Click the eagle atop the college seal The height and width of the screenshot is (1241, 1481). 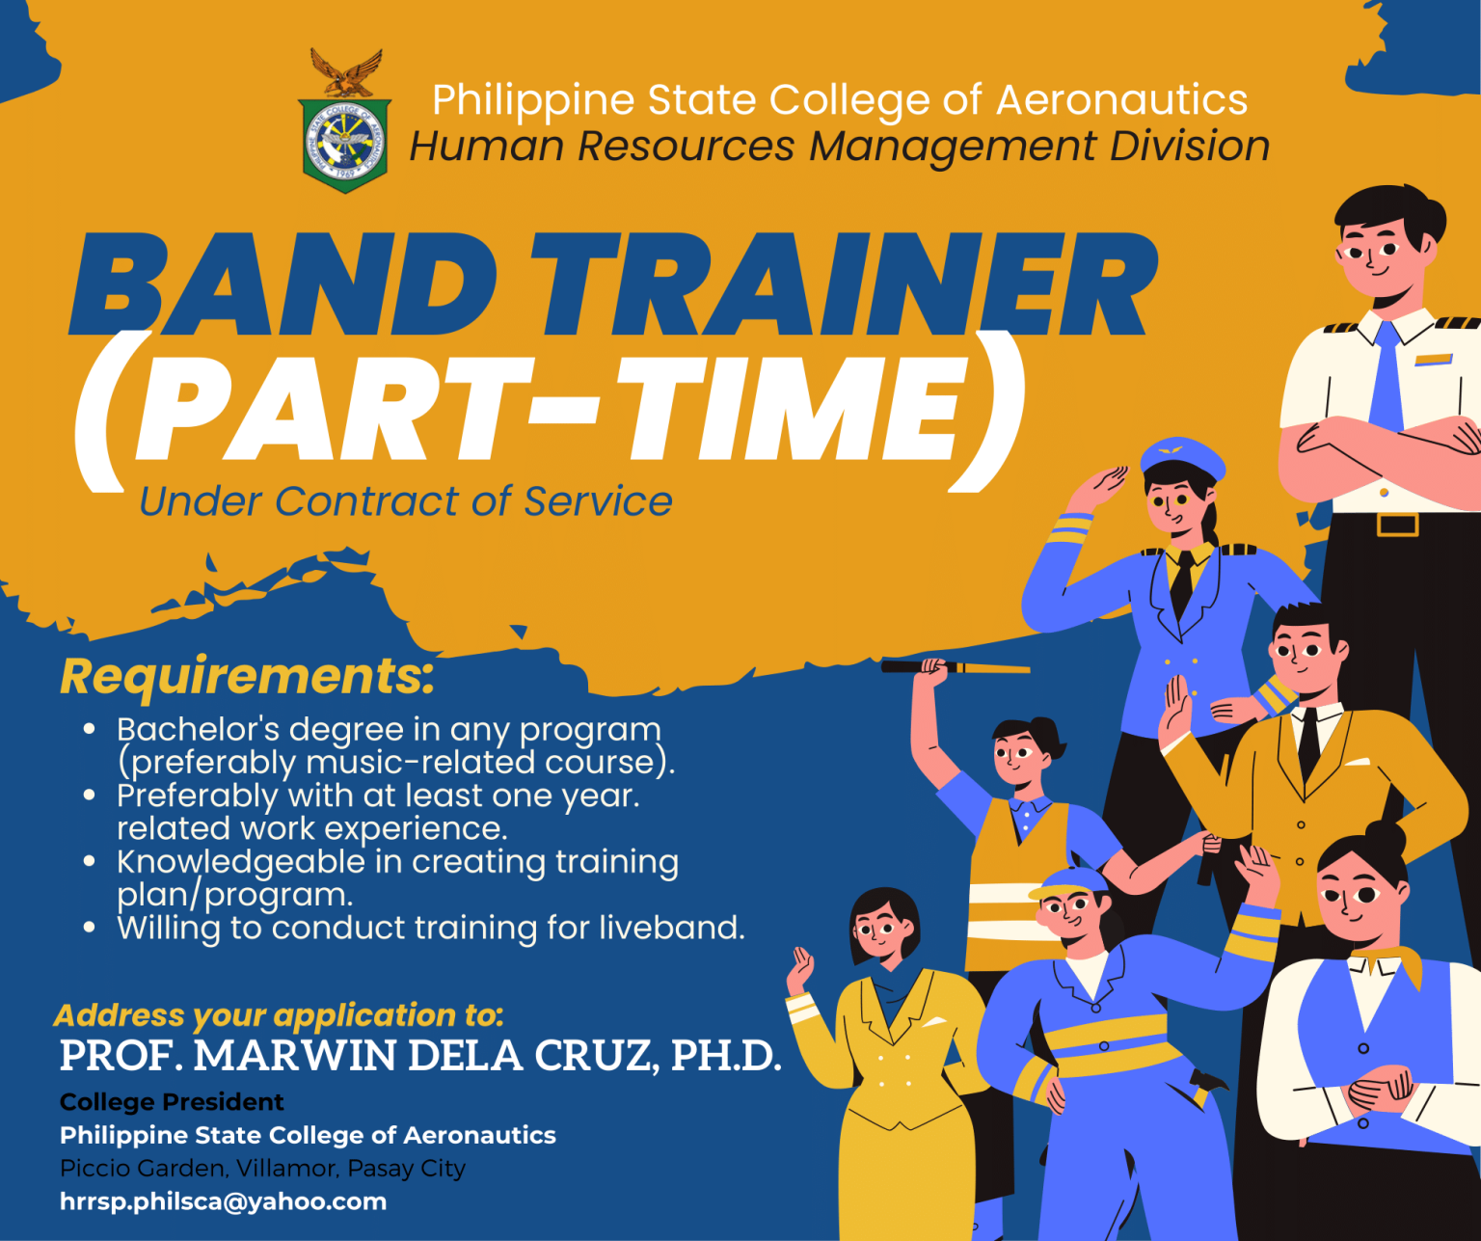tap(347, 72)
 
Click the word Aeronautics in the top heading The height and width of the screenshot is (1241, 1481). tap(1121, 99)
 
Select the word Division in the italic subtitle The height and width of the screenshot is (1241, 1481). tap(1190, 147)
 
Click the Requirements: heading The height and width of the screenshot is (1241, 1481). tap(248, 677)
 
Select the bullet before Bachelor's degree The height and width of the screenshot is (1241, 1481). tap(90, 729)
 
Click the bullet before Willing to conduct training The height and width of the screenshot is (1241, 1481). tap(90, 928)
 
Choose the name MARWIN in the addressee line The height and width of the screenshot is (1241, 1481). tap(294, 1056)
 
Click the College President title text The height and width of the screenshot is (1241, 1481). tap(172, 1102)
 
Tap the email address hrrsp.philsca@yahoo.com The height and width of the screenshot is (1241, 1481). tap(224, 1202)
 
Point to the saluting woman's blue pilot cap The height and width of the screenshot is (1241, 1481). tap(1182, 459)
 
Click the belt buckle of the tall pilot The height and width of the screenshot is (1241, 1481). tap(1397, 525)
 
